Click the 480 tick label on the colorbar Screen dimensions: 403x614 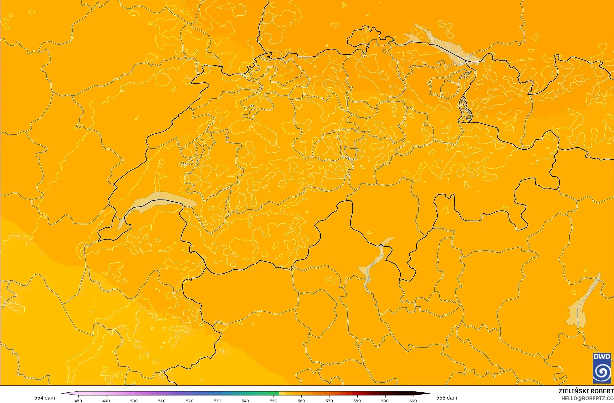[78, 400]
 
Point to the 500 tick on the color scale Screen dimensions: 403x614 [134, 400]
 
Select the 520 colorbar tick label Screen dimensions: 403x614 [190, 400]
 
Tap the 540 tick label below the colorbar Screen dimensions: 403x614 [245, 400]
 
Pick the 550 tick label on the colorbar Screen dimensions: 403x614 [274, 400]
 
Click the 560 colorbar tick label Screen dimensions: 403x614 [301, 400]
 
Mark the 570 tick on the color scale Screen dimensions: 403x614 [329, 400]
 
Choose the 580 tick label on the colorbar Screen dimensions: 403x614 [357, 400]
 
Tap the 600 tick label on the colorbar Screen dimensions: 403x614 [413, 400]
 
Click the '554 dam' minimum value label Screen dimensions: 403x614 [44, 398]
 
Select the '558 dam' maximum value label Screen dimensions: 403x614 [447, 398]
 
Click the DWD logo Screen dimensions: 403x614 [601, 368]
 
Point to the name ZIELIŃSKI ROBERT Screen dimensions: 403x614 [586, 391]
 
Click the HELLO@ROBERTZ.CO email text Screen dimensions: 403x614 [587, 398]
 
